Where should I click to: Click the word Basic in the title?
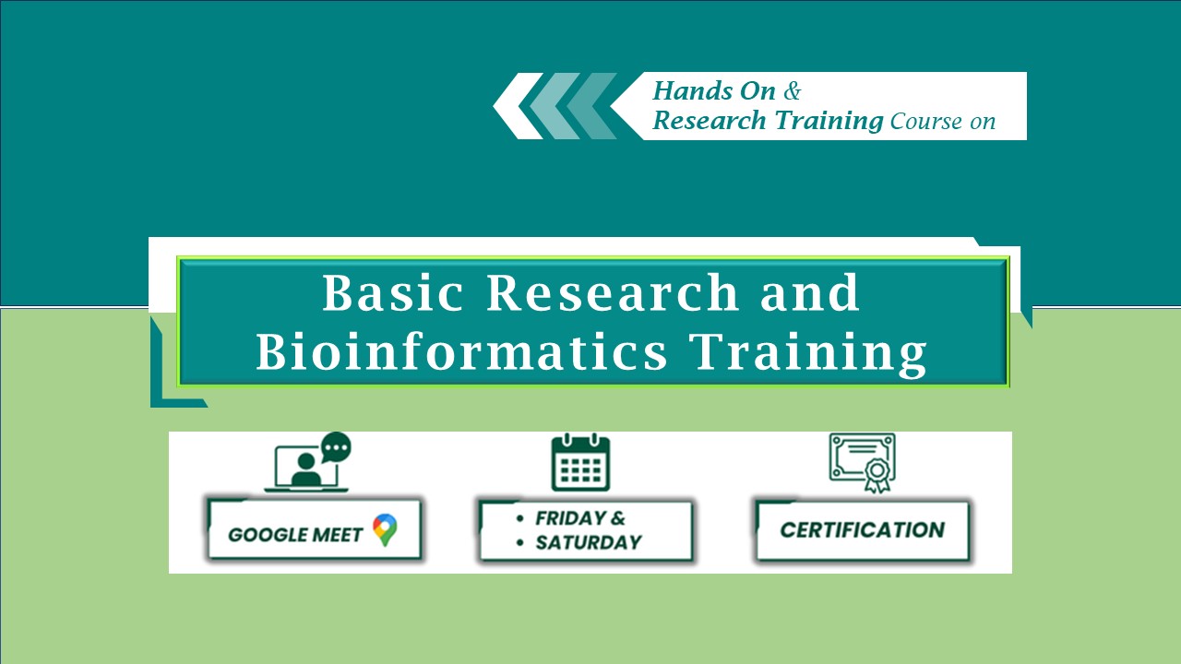click(x=393, y=292)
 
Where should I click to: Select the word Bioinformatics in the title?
click(x=461, y=351)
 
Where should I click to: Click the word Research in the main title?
click(x=612, y=292)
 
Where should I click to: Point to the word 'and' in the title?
click(x=810, y=292)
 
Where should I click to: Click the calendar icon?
click(x=580, y=462)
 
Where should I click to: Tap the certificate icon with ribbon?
click(x=862, y=463)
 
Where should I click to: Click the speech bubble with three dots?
click(x=336, y=447)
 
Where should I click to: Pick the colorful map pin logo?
click(x=385, y=530)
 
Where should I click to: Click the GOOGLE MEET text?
click(x=295, y=535)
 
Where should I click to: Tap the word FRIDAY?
click(x=570, y=518)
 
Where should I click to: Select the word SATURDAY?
click(x=589, y=542)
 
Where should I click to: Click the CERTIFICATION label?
click(x=863, y=530)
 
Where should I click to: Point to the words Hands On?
click(x=714, y=90)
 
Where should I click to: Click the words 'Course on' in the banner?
click(x=943, y=122)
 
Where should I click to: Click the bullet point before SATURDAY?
click(x=520, y=542)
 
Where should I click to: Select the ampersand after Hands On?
click(x=792, y=90)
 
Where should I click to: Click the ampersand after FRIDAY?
click(x=618, y=518)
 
